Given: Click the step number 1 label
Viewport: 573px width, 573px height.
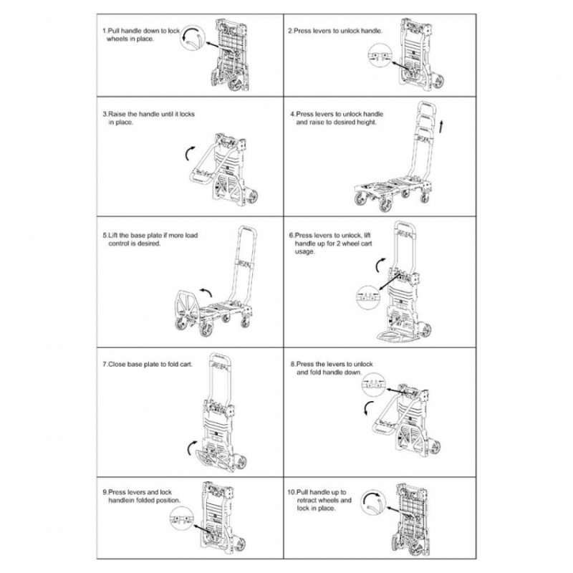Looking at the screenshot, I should click(104, 31).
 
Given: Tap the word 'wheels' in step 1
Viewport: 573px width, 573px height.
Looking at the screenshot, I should click(118, 39).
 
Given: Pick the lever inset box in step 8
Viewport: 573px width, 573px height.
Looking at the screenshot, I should click(372, 385).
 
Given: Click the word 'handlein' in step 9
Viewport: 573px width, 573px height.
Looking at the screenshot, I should click(121, 500).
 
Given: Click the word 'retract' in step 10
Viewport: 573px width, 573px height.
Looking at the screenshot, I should click(310, 500).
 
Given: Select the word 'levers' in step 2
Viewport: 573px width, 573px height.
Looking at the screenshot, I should click(319, 31).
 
